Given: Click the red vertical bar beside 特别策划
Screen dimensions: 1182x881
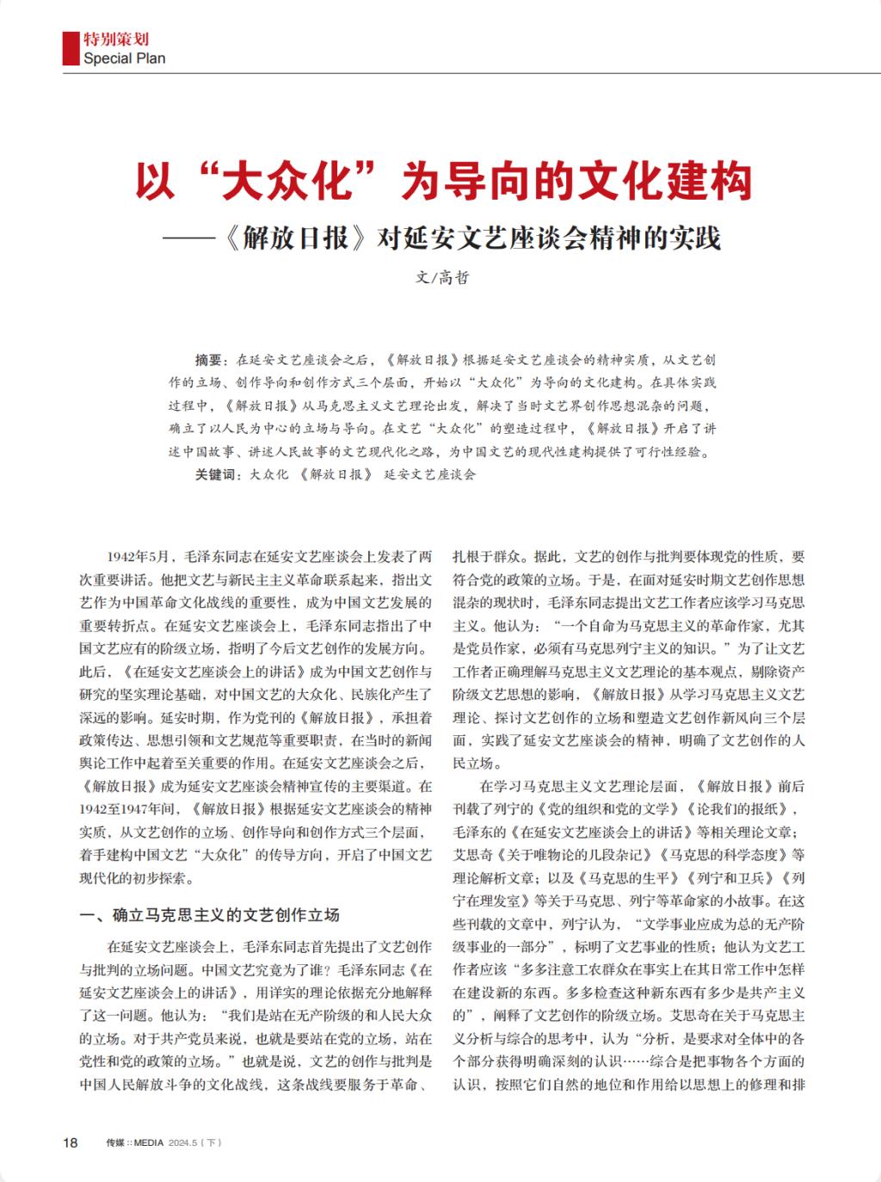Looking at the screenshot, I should click(x=67, y=49).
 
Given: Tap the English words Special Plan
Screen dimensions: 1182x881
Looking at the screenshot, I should click(x=124, y=59).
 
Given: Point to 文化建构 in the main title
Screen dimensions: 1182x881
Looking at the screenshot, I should click(x=662, y=181).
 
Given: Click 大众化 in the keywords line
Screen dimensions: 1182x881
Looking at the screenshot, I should click(x=269, y=474).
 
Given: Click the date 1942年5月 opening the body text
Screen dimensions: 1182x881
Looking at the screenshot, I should click(x=141, y=557).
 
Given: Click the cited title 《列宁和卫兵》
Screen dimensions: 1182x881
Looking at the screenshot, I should click(x=727, y=878).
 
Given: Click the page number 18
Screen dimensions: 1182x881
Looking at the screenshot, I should click(x=71, y=1143).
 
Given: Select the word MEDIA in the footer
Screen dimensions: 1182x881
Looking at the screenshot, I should click(x=151, y=1143).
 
